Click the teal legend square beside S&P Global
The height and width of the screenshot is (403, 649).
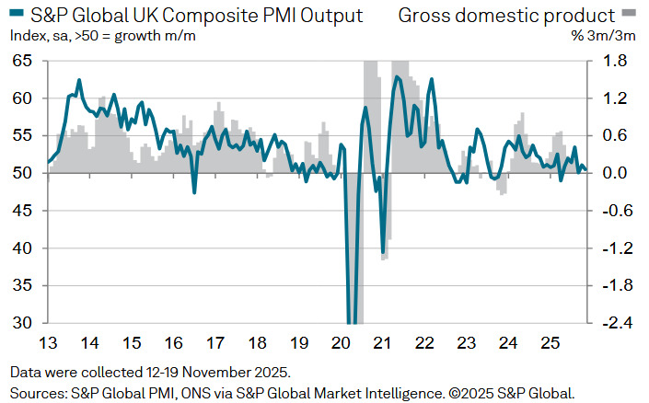pyautogui.click(x=16, y=15)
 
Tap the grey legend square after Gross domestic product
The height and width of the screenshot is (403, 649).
pyautogui.click(x=630, y=15)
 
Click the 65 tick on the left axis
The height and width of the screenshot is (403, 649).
pyautogui.click(x=21, y=61)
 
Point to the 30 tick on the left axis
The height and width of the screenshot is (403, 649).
pyautogui.click(x=21, y=324)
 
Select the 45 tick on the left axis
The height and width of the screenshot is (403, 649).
pyautogui.click(x=21, y=211)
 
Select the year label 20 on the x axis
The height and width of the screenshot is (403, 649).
pyautogui.click(x=340, y=344)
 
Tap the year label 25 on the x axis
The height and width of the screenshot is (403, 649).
pyautogui.click(x=550, y=344)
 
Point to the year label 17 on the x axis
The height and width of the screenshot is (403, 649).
pyautogui.click(x=214, y=344)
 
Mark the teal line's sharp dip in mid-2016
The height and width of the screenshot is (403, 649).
pyautogui.click(x=194, y=191)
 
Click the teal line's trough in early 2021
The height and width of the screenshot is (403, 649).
pyautogui.click(x=383, y=251)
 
